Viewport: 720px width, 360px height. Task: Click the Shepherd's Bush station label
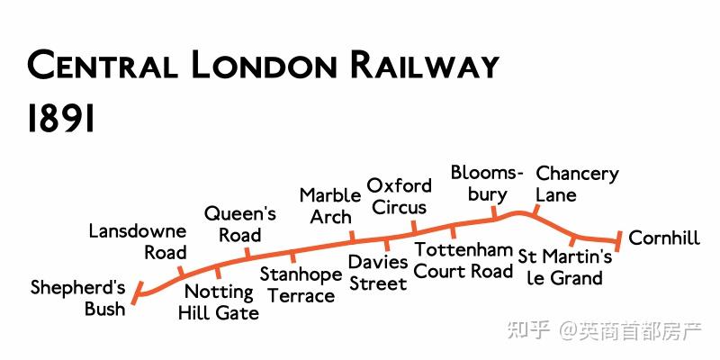coord(78,298)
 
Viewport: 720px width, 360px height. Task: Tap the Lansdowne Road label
coord(138,242)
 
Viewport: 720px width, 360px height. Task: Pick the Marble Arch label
coord(330,206)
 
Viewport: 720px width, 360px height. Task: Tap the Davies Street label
coord(378,273)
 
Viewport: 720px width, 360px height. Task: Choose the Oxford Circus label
coord(399,196)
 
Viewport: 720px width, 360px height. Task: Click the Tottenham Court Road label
coord(463,260)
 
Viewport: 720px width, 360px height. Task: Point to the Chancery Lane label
coord(577,184)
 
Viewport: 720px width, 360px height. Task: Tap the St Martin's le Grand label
coord(565,268)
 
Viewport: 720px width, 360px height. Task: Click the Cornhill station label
coord(664,238)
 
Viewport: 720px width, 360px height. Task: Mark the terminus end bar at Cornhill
coord(618,238)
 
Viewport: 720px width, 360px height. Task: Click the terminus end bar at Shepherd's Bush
coord(138,292)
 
